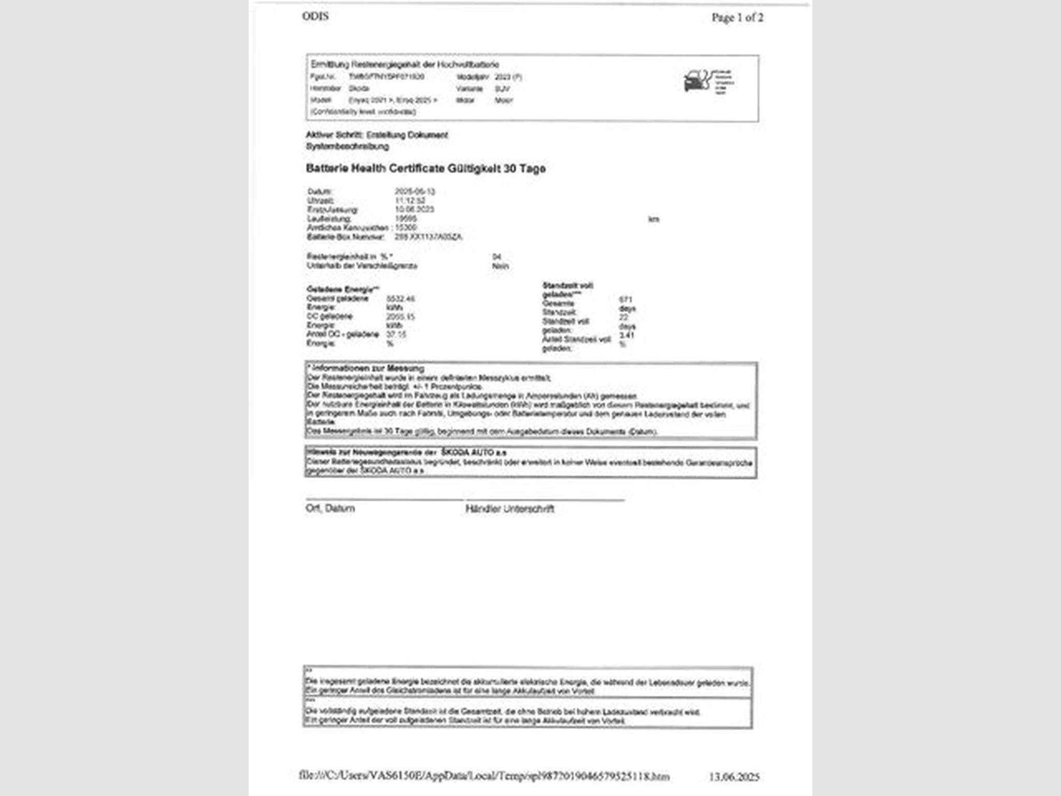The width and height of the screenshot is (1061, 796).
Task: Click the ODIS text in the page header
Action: click(315, 16)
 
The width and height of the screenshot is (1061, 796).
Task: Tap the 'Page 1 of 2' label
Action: click(737, 18)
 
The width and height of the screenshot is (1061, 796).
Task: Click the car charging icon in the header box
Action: click(697, 81)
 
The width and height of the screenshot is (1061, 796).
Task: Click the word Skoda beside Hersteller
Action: click(359, 89)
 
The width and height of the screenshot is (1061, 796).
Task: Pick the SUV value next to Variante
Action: click(502, 89)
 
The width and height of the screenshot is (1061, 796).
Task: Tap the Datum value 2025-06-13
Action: click(414, 191)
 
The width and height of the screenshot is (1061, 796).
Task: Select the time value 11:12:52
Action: click(410, 200)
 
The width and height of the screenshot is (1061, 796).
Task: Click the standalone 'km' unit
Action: click(653, 219)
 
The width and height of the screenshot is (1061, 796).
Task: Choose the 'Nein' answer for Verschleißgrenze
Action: click(500, 266)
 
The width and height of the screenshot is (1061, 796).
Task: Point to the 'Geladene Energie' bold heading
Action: click(342, 289)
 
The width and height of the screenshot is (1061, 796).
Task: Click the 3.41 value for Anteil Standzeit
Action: click(626, 335)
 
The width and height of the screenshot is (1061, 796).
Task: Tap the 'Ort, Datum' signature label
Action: click(330, 508)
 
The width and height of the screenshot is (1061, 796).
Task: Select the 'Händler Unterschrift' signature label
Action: click(510, 509)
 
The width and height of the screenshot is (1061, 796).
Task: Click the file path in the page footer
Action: click(484, 776)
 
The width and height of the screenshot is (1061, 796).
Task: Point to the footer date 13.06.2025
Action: click(734, 776)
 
